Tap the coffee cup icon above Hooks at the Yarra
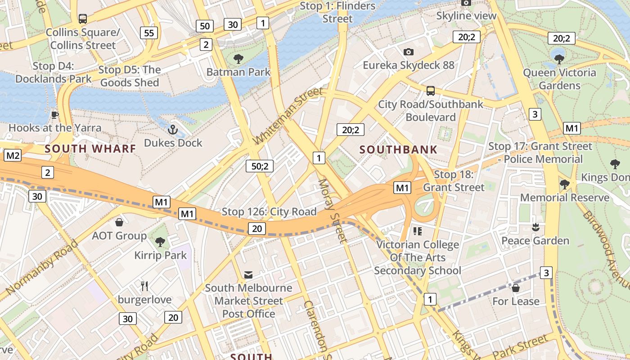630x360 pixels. coord(55,115)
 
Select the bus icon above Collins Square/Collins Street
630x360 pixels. coord(83,19)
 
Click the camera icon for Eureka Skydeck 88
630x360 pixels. coord(409,52)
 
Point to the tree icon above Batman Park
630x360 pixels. coord(238,58)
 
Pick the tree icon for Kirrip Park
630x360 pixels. coord(160,242)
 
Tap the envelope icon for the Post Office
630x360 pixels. coord(248,274)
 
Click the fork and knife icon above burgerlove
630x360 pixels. coord(144,286)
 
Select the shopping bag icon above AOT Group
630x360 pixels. coord(119,222)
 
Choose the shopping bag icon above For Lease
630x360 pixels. coord(516,288)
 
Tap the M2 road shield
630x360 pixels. coord(13,156)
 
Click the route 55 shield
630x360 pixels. coord(149,32)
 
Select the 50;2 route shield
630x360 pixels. coord(260,166)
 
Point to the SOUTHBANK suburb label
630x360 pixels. coord(398,150)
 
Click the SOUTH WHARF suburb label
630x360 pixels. coord(90,148)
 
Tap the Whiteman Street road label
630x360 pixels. coord(288,116)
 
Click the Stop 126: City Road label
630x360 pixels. coord(269,211)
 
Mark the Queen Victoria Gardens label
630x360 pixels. coord(559,79)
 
